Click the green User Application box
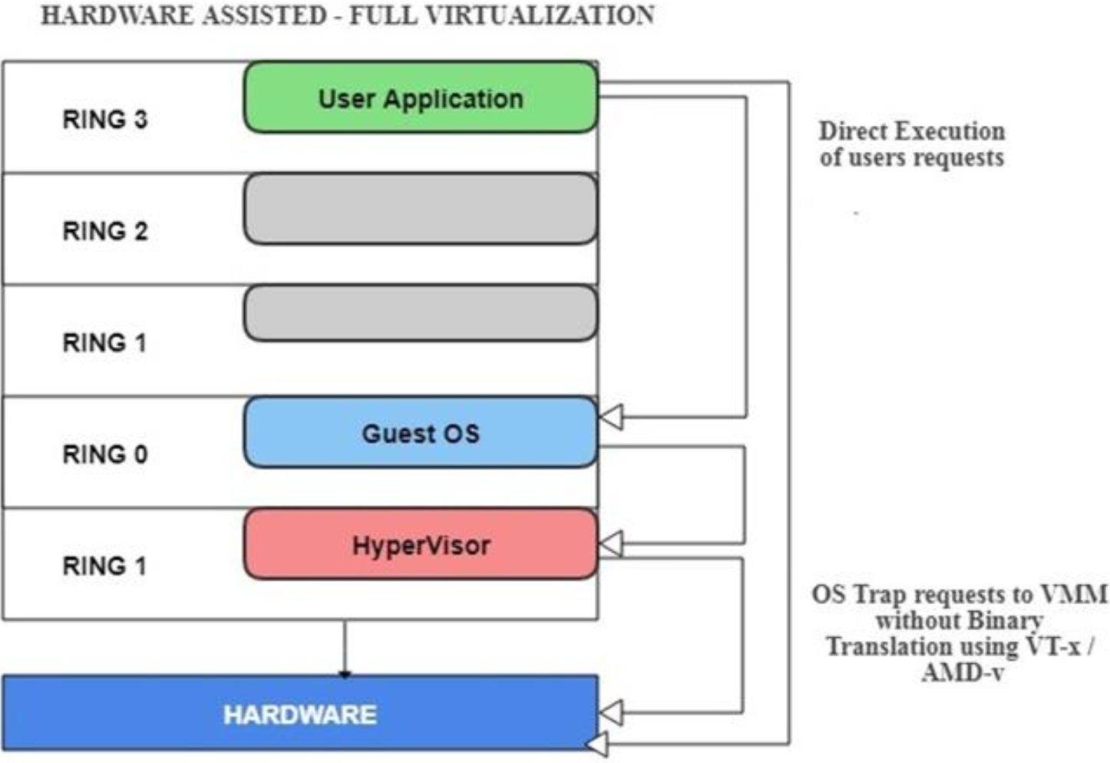[421, 97]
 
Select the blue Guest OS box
[421, 433]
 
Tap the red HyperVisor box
[421, 545]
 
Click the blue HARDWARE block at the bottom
[300, 714]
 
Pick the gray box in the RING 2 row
[421, 209]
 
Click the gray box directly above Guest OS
[421, 313]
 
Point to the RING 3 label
[104, 120]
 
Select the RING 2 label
[104, 231]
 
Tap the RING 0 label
[104, 454]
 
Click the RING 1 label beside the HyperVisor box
[104, 566]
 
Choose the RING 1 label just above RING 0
[104, 343]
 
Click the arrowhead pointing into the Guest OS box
[611, 418]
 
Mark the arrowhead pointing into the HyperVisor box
[611, 544]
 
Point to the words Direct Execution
[911, 131]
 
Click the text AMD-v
[963, 673]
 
